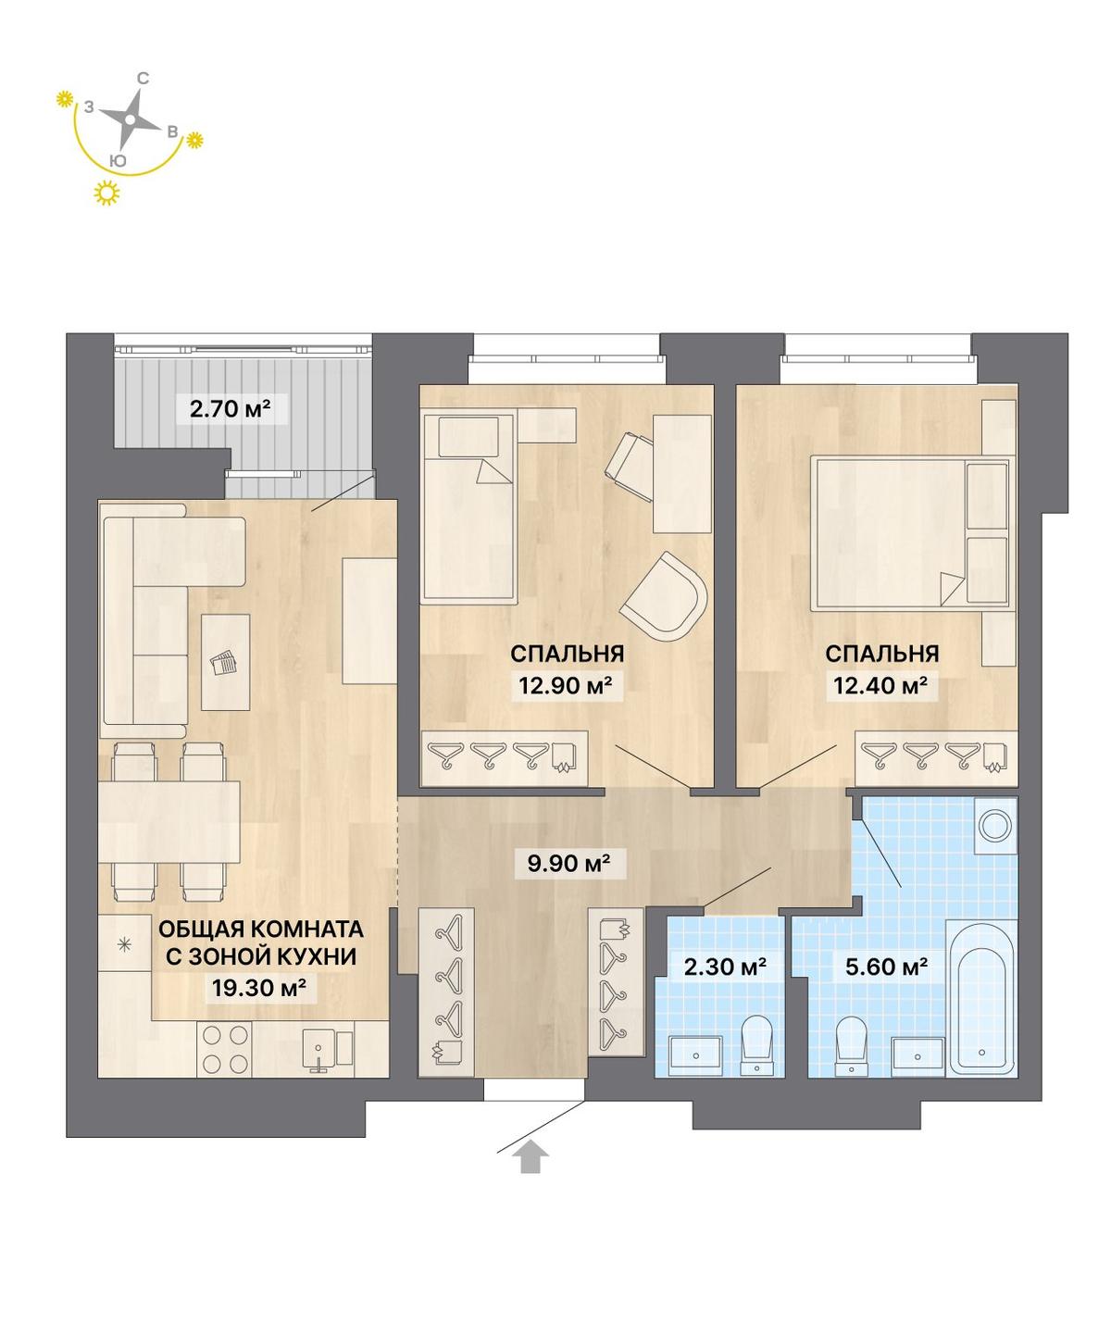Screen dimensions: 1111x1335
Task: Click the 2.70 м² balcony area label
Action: click(231, 408)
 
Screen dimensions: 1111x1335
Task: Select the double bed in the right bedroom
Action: click(909, 533)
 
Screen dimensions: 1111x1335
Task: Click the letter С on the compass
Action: click(144, 79)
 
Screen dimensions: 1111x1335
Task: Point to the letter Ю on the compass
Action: click(119, 161)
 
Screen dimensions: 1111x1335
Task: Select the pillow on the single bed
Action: click(468, 437)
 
